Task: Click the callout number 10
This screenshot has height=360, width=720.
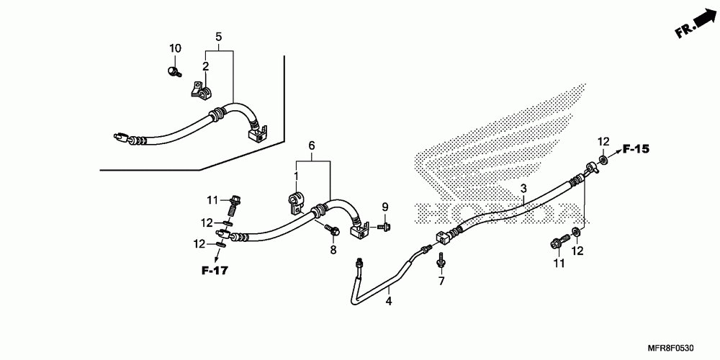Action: point(175,48)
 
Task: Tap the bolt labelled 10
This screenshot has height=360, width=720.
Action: point(174,71)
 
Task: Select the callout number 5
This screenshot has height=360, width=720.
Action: point(219,37)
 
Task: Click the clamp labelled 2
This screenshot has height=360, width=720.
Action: point(200,91)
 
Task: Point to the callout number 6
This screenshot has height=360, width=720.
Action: point(312,146)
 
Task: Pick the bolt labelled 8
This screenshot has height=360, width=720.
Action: point(333,230)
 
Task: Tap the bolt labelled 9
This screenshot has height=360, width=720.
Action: point(382,227)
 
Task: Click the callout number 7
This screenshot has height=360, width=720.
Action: point(442,280)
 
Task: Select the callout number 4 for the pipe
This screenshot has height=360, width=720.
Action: point(388,300)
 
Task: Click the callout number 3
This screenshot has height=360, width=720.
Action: point(523,189)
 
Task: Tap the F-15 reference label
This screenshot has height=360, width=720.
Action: point(636,149)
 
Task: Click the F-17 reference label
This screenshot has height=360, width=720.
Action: point(214,271)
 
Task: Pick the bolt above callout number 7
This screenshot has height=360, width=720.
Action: point(440,258)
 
